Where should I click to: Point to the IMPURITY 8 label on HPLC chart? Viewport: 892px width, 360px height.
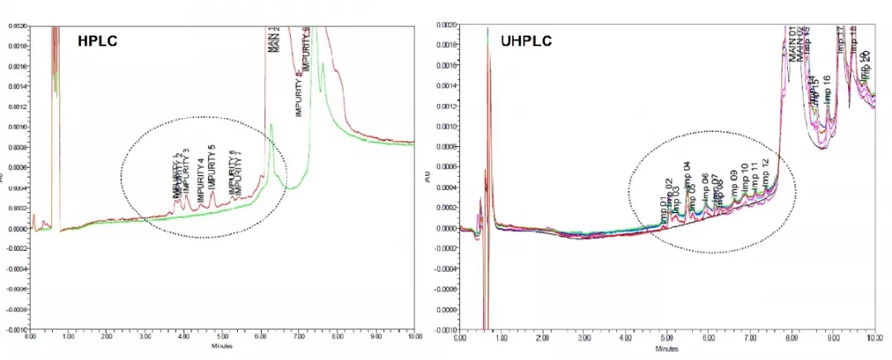pyautogui.click(x=299, y=92)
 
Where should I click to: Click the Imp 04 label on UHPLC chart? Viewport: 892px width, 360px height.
pyautogui.click(x=686, y=177)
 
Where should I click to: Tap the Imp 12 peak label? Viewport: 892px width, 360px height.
pyautogui.click(x=766, y=173)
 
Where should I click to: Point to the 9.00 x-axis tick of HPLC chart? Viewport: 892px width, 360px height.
pyautogui.click(x=375, y=337)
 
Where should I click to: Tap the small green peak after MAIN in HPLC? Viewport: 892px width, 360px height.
pyautogui.click(x=272, y=127)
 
